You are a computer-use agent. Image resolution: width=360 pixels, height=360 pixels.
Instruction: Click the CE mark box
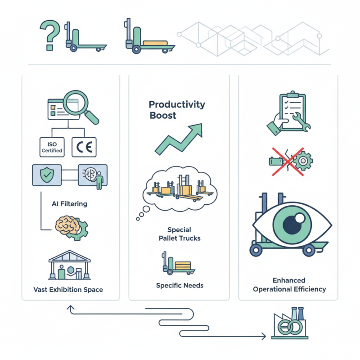[85, 147]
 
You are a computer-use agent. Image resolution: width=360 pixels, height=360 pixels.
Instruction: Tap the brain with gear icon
[71, 226]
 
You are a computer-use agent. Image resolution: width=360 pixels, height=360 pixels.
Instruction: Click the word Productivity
[177, 105]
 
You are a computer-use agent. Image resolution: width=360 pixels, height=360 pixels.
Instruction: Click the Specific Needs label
[180, 285]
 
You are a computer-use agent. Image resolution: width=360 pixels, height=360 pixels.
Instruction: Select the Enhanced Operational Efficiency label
[289, 285]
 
